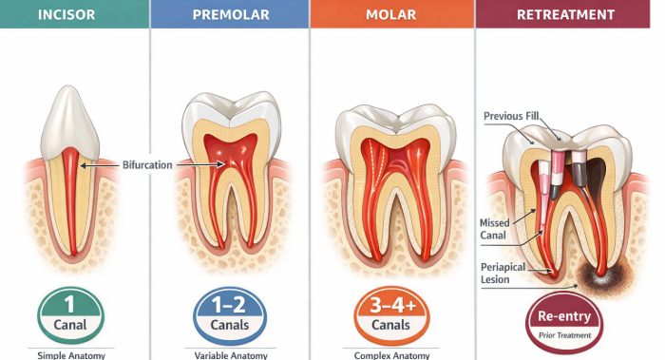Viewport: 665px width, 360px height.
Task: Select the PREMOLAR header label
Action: [229, 15]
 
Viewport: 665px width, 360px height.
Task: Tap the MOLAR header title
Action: [389, 15]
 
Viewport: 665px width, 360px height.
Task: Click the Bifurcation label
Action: [147, 165]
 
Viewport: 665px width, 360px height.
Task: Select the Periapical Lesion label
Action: [503, 274]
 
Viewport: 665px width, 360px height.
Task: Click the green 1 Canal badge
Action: [70, 314]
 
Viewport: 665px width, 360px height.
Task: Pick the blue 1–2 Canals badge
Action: [229, 314]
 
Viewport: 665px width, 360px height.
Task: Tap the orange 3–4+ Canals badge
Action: [390, 314]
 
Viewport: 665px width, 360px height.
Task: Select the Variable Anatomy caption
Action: [229, 355]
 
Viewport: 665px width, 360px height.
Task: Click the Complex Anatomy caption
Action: [389, 355]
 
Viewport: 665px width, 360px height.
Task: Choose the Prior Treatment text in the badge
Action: [564, 335]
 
